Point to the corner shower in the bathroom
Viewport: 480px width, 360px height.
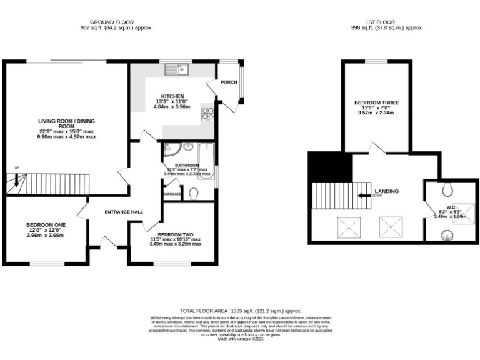[x=170, y=149]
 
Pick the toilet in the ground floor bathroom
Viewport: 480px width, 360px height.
[x=193, y=194]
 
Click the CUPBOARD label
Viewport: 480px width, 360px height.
[x=172, y=194]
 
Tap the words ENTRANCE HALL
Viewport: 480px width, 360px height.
[x=124, y=212]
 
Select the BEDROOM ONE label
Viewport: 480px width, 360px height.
[x=46, y=224]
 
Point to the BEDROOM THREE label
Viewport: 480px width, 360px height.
[x=376, y=102]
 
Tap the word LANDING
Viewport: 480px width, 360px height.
[x=386, y=191]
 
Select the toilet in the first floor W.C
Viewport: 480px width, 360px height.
[x=446, y=188]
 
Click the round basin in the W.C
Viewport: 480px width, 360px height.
[x=447, y=235]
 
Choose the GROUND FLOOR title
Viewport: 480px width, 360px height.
[x=116, y=22]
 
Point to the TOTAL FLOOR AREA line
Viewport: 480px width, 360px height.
[x=241, y=311]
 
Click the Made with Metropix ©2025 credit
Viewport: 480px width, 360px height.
[x=241, y=338]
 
